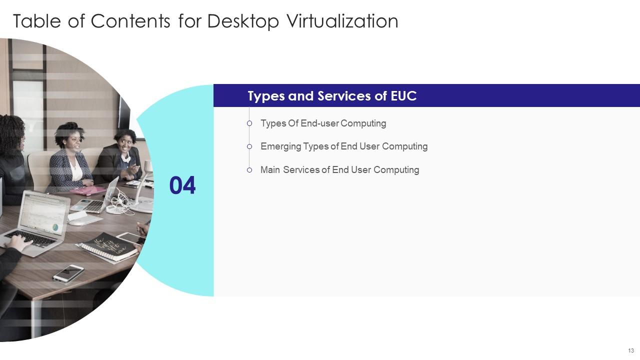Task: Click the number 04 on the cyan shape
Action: (182, 185)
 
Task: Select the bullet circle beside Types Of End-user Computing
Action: (249, 123)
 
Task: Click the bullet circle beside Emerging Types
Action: (249, 146)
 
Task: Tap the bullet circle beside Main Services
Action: (249, 170)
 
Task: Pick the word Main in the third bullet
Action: (270, 170)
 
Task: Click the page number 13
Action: (631, 350)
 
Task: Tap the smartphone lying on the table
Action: (68, 272)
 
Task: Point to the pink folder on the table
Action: (87, 190)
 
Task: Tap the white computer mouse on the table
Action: (77, 221)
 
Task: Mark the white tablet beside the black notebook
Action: (129, 238)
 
